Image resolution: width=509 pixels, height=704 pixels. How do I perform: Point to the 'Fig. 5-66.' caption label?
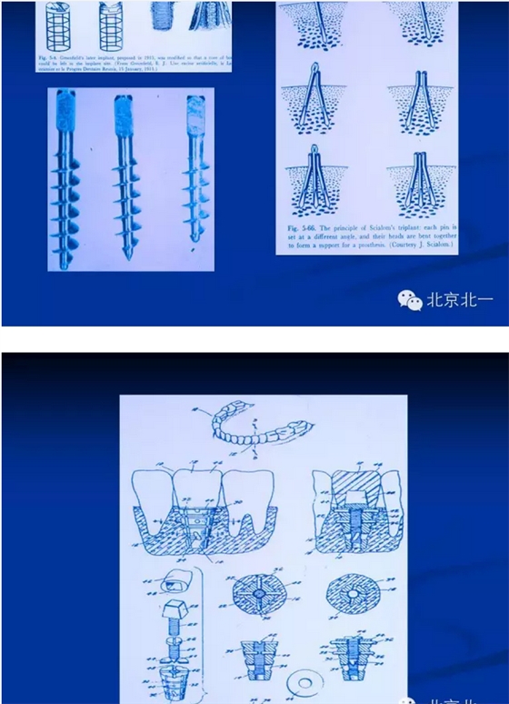pyautogui.click(x=300, y=222)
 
